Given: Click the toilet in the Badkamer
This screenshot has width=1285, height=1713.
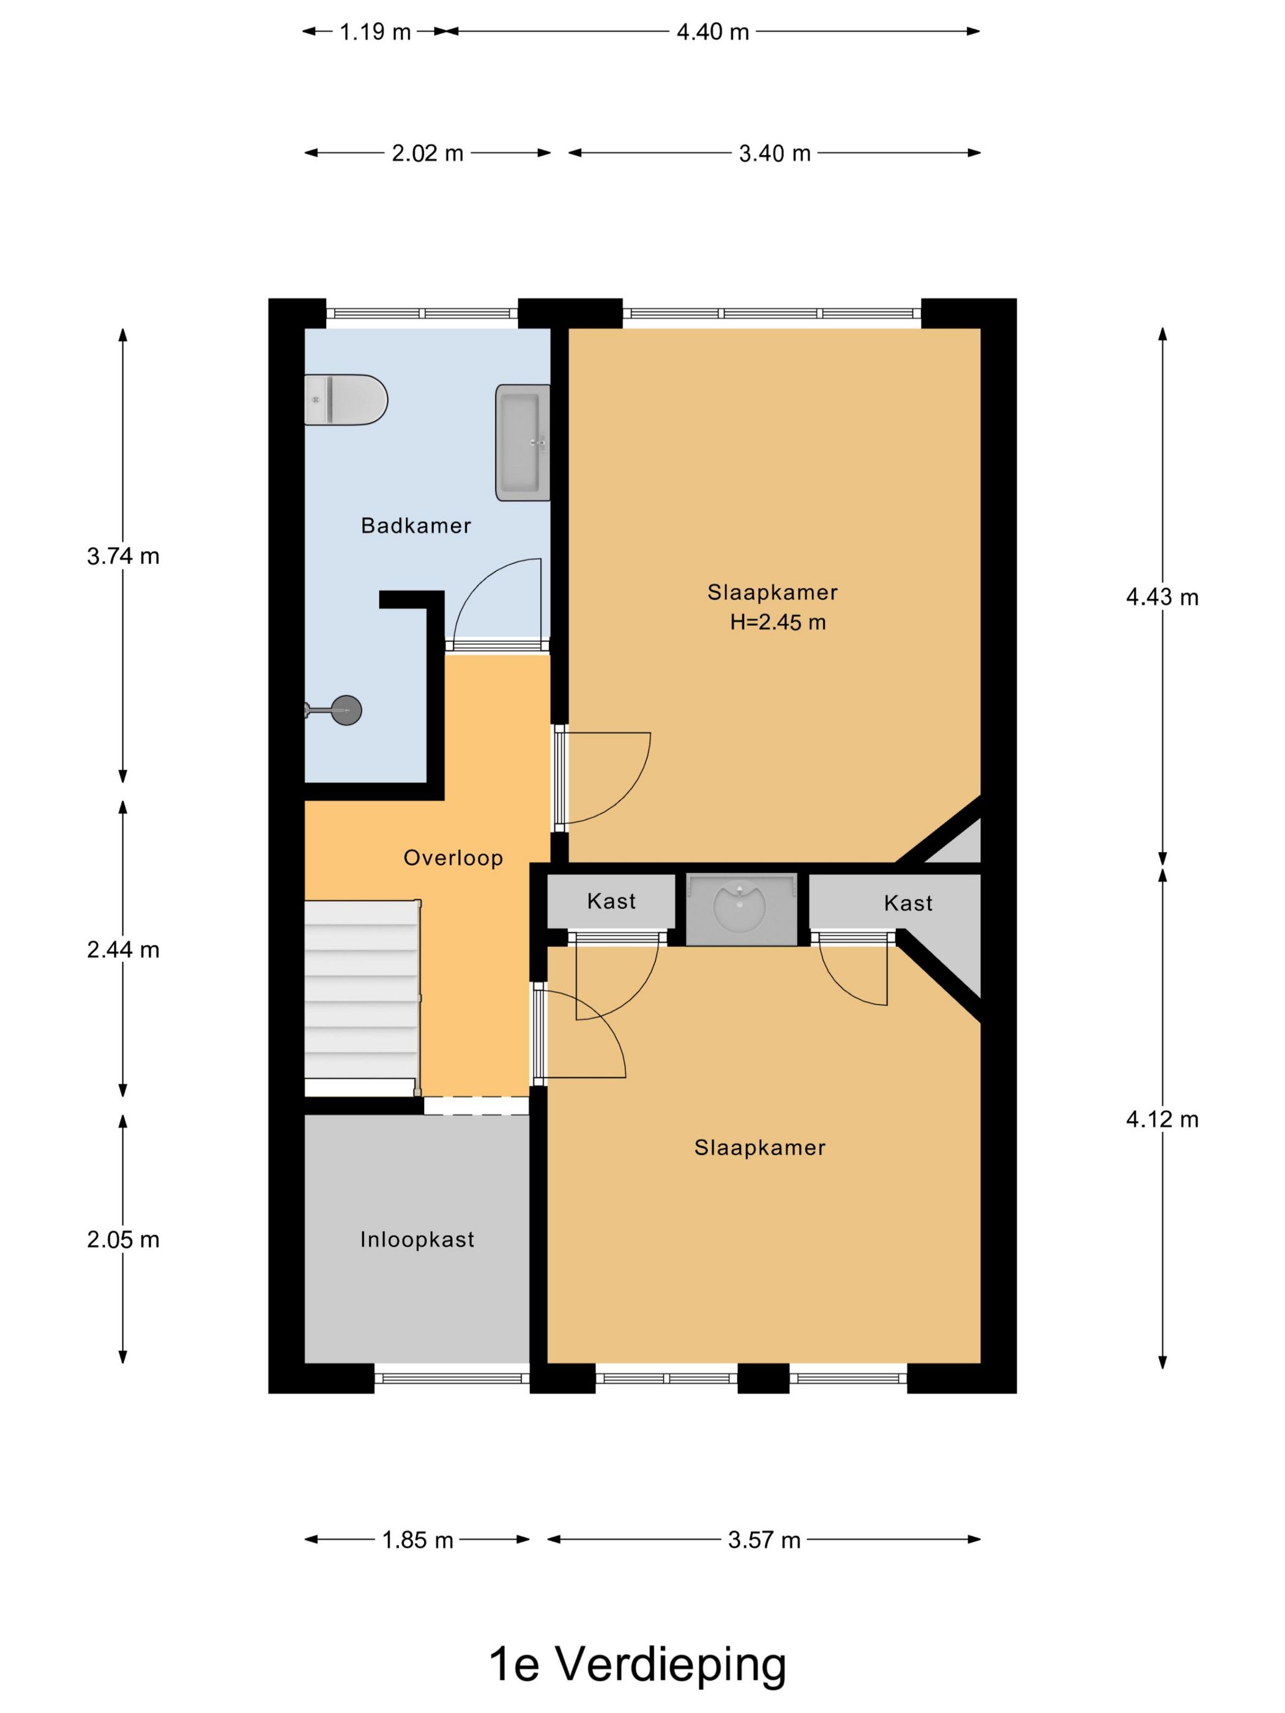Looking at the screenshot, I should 346,399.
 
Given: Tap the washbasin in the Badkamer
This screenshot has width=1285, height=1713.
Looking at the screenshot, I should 522,442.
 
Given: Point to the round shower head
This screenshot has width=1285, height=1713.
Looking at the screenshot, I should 346,710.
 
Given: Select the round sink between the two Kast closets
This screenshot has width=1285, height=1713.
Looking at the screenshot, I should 740,908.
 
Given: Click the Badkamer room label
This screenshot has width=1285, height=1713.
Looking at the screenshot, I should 416,526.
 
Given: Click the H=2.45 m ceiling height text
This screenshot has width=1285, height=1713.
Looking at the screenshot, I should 777,622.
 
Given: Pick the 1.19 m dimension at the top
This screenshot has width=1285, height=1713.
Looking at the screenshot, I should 375,32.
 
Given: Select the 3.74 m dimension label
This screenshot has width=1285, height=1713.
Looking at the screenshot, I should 123,556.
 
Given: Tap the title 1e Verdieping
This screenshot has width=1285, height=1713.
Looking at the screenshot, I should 637,1663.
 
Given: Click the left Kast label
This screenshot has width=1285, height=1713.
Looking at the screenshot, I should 611,901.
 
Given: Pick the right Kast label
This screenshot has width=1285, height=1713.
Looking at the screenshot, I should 908,903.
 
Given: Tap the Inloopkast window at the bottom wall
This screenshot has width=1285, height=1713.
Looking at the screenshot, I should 452,1378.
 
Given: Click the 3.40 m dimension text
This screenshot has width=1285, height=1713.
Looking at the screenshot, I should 774,154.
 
